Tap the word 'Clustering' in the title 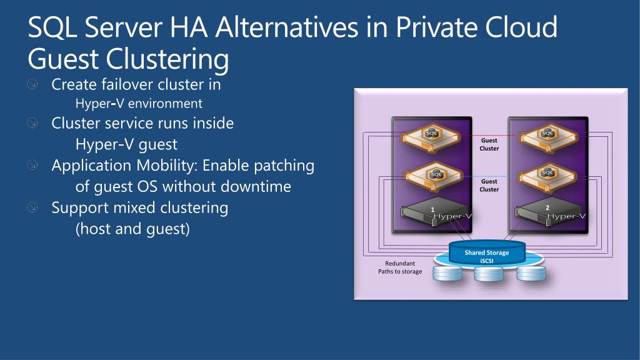(167, 59)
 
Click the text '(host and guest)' (132, 229)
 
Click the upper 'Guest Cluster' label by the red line (489, 144)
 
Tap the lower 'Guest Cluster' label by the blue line (489, 185)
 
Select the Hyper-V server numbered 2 (549, 212)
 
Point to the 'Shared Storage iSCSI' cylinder (486, 256)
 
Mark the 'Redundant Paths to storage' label (399, 267)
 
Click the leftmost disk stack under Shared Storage (447, 274)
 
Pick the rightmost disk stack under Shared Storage (531, 274)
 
